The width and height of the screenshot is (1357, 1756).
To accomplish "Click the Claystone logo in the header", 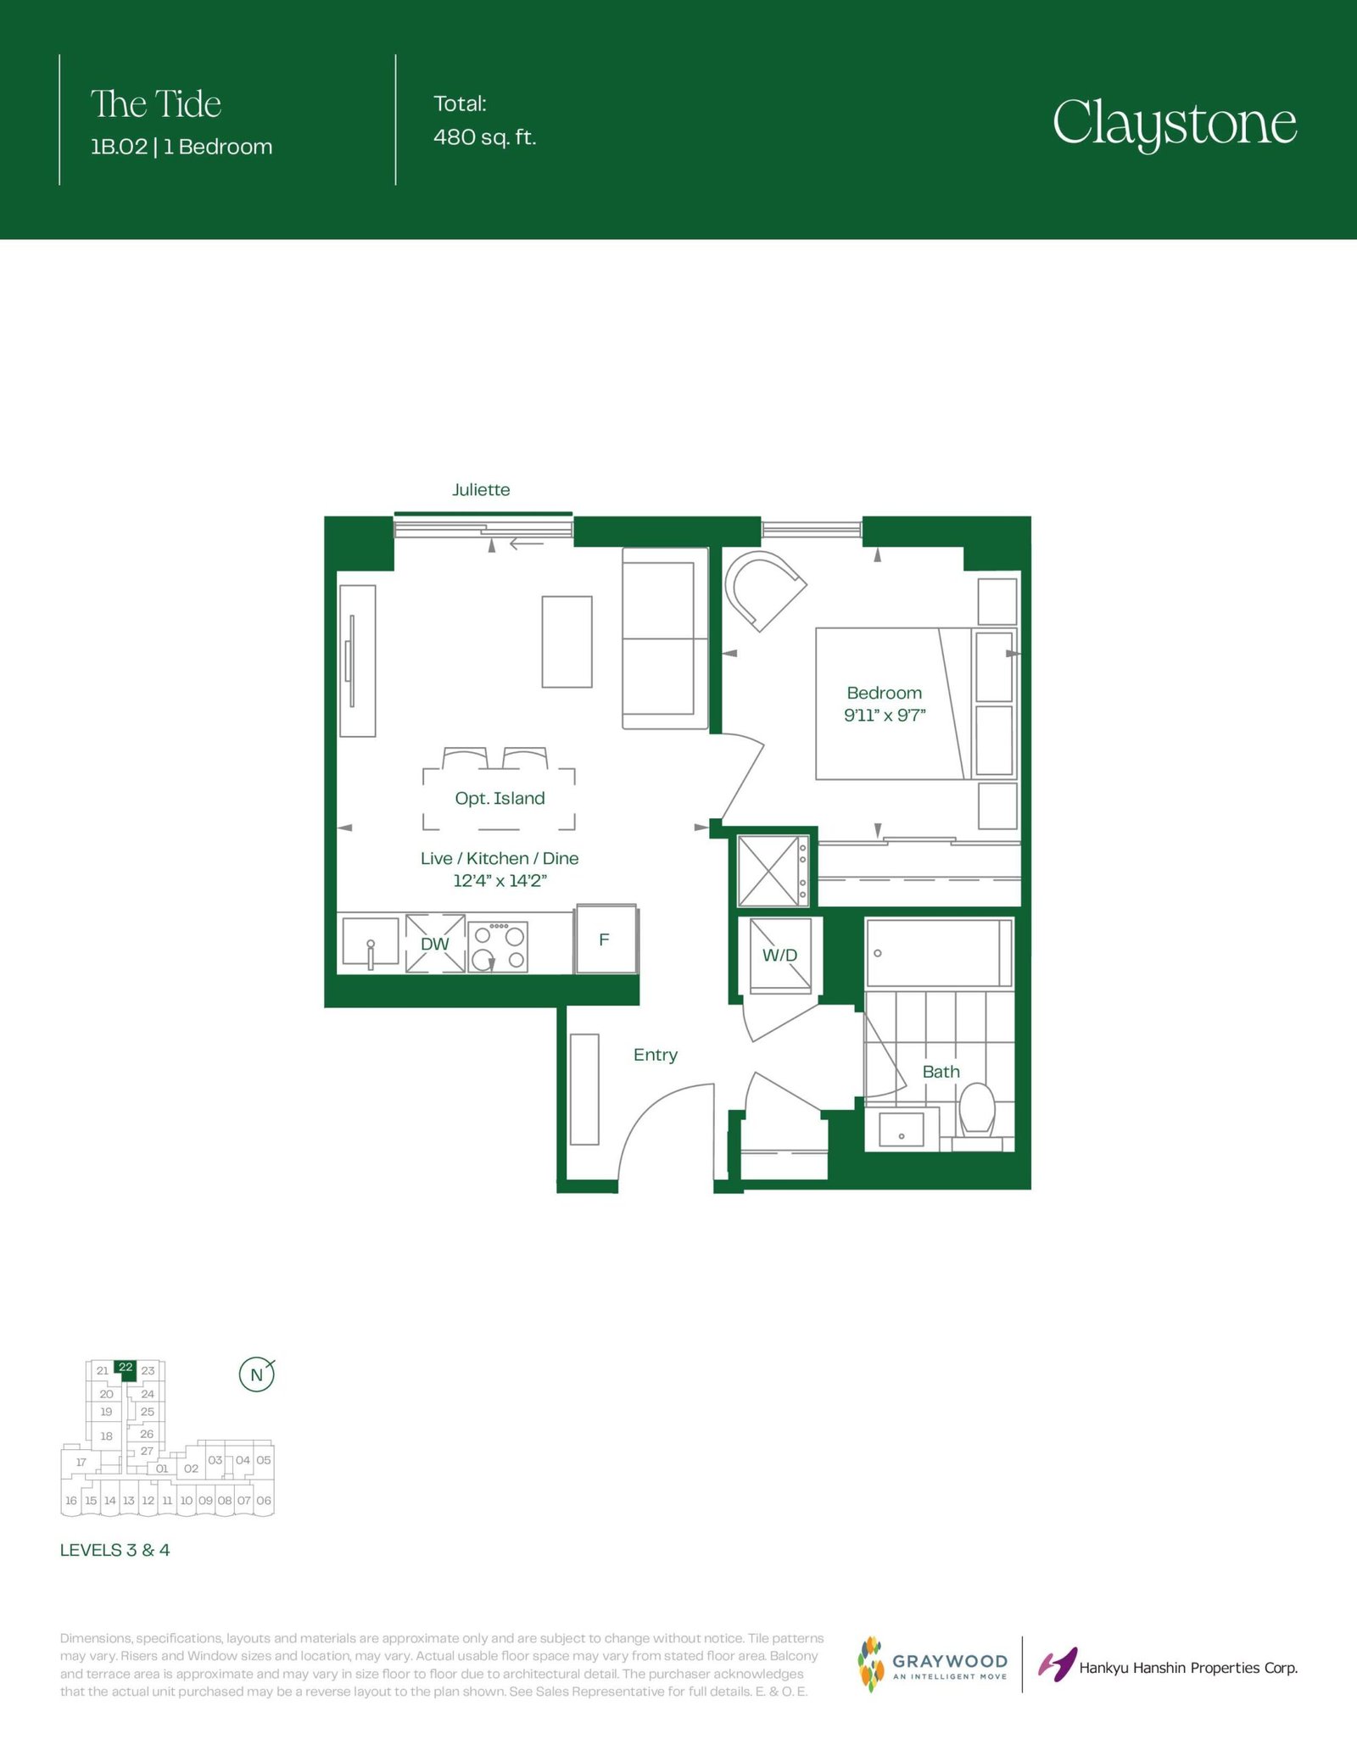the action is tap(1175, 124).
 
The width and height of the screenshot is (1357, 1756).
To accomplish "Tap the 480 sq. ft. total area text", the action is tap(485, 137).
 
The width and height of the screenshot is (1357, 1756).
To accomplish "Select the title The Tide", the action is tap(156, 104).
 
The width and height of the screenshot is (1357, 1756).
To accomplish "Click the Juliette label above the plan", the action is tap(481, 490).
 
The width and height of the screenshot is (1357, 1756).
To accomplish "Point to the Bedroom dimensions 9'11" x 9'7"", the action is tap(885, 715).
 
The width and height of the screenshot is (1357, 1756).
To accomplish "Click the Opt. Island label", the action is tap(500, 798).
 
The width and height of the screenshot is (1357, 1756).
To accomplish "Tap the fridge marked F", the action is tap(606, 939).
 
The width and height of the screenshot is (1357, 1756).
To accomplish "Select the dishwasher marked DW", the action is tap(435, 943).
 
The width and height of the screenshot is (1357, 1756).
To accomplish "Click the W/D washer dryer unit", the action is tap(780, 955).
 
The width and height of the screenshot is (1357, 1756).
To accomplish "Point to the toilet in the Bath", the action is tap(976, 1112).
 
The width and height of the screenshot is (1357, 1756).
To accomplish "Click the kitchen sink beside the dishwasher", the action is tap(371, 942).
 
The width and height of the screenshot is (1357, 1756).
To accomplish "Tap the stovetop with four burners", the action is tap(498, 946).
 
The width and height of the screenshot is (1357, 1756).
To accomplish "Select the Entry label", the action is tap(656, 1055).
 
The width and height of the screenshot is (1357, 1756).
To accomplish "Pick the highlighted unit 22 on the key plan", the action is tap(126, 1368).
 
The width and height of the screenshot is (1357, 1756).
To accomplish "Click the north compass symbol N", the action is tap(256, 1374).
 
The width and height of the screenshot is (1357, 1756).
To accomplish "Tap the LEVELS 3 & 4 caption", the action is tap(114, 1550).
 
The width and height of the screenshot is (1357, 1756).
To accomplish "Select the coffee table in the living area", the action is tap(567, 642).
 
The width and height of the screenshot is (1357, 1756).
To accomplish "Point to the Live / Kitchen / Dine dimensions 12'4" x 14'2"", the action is tap(500, 880).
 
